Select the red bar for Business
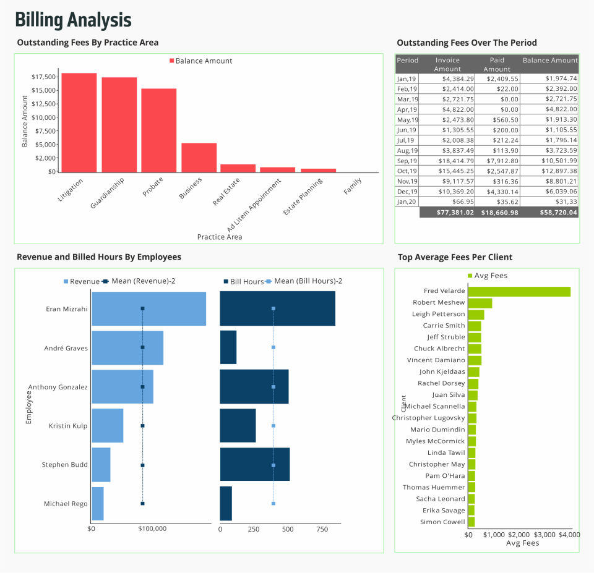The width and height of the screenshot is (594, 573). point(199,158)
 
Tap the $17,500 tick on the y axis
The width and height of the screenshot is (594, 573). point(43,77)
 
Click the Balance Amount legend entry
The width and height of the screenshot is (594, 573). point(200,61)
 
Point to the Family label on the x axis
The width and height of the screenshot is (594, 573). point(353,186)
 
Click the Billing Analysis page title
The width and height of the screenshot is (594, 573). point(73,20)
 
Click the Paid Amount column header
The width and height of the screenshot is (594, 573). point(497,64)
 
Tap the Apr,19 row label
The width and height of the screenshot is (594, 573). point(407,109)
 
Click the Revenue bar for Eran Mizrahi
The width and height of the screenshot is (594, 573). point(148,308)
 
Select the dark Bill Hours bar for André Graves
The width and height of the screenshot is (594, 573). point(228,347)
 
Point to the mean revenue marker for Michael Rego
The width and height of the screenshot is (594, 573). point(142,504)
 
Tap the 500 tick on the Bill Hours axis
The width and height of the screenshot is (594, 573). point(288,529)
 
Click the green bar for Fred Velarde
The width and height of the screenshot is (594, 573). point(519,291)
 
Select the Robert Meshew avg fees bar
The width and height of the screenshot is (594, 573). point(480,303)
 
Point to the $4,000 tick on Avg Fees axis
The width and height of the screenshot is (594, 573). point(569,534)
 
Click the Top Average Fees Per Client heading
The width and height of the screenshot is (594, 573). point(455,257)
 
